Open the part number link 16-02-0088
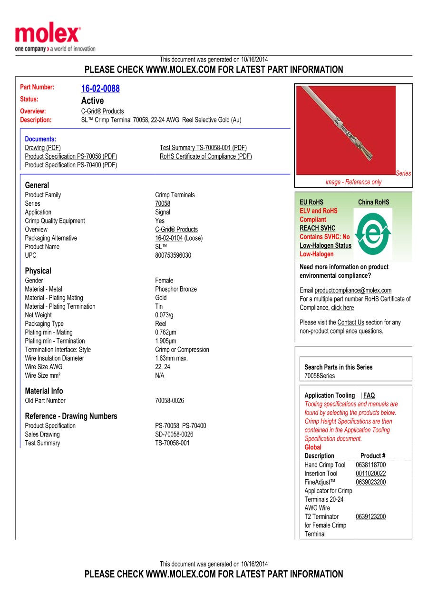pos(100,89)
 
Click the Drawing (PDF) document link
pos(43,148)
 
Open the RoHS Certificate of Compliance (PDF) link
pos(206,156)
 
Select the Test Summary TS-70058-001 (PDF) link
pos(203,148)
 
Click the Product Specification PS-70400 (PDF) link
pos(71,165)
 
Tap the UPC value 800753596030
pos(173,255)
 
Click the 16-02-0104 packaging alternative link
pos(169,238)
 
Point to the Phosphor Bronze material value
pos(176,289)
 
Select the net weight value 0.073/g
pos(164,315)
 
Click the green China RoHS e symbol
pos(373,232)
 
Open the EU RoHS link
pos(311,202)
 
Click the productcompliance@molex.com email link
pos(353,290)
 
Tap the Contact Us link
pos(350,323)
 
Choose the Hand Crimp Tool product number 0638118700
pos(371,465)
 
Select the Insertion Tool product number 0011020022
pos(371,474)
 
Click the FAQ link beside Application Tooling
pos(369,395)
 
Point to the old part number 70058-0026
pos(170,401)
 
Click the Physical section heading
pos(38,271)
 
